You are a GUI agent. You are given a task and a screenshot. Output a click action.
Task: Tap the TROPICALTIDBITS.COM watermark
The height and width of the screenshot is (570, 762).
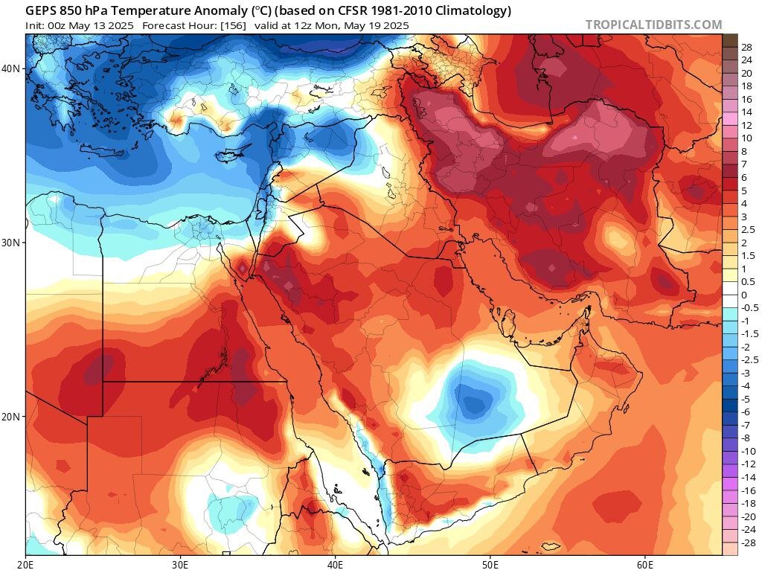point(653,25)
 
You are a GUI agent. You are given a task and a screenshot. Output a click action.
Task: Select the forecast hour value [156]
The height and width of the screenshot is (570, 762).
point(231,25)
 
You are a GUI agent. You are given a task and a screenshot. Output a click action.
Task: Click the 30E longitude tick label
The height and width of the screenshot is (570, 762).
point(181,563)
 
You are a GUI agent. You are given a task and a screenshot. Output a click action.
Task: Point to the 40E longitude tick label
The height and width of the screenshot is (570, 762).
point(336,563)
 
